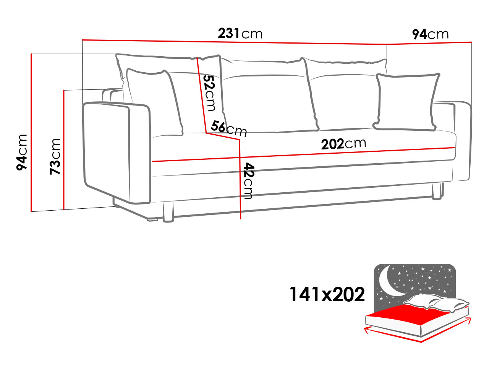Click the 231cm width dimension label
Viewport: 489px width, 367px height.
240,33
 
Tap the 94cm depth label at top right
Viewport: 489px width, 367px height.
430,34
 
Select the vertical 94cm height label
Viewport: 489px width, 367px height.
22,152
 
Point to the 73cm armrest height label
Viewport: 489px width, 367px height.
55,156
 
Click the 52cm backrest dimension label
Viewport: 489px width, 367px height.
210,93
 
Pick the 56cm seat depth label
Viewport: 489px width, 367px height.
229,129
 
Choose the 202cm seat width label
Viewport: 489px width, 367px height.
343,143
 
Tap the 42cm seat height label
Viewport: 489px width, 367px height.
248,181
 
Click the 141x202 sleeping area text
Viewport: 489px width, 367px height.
327,295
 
